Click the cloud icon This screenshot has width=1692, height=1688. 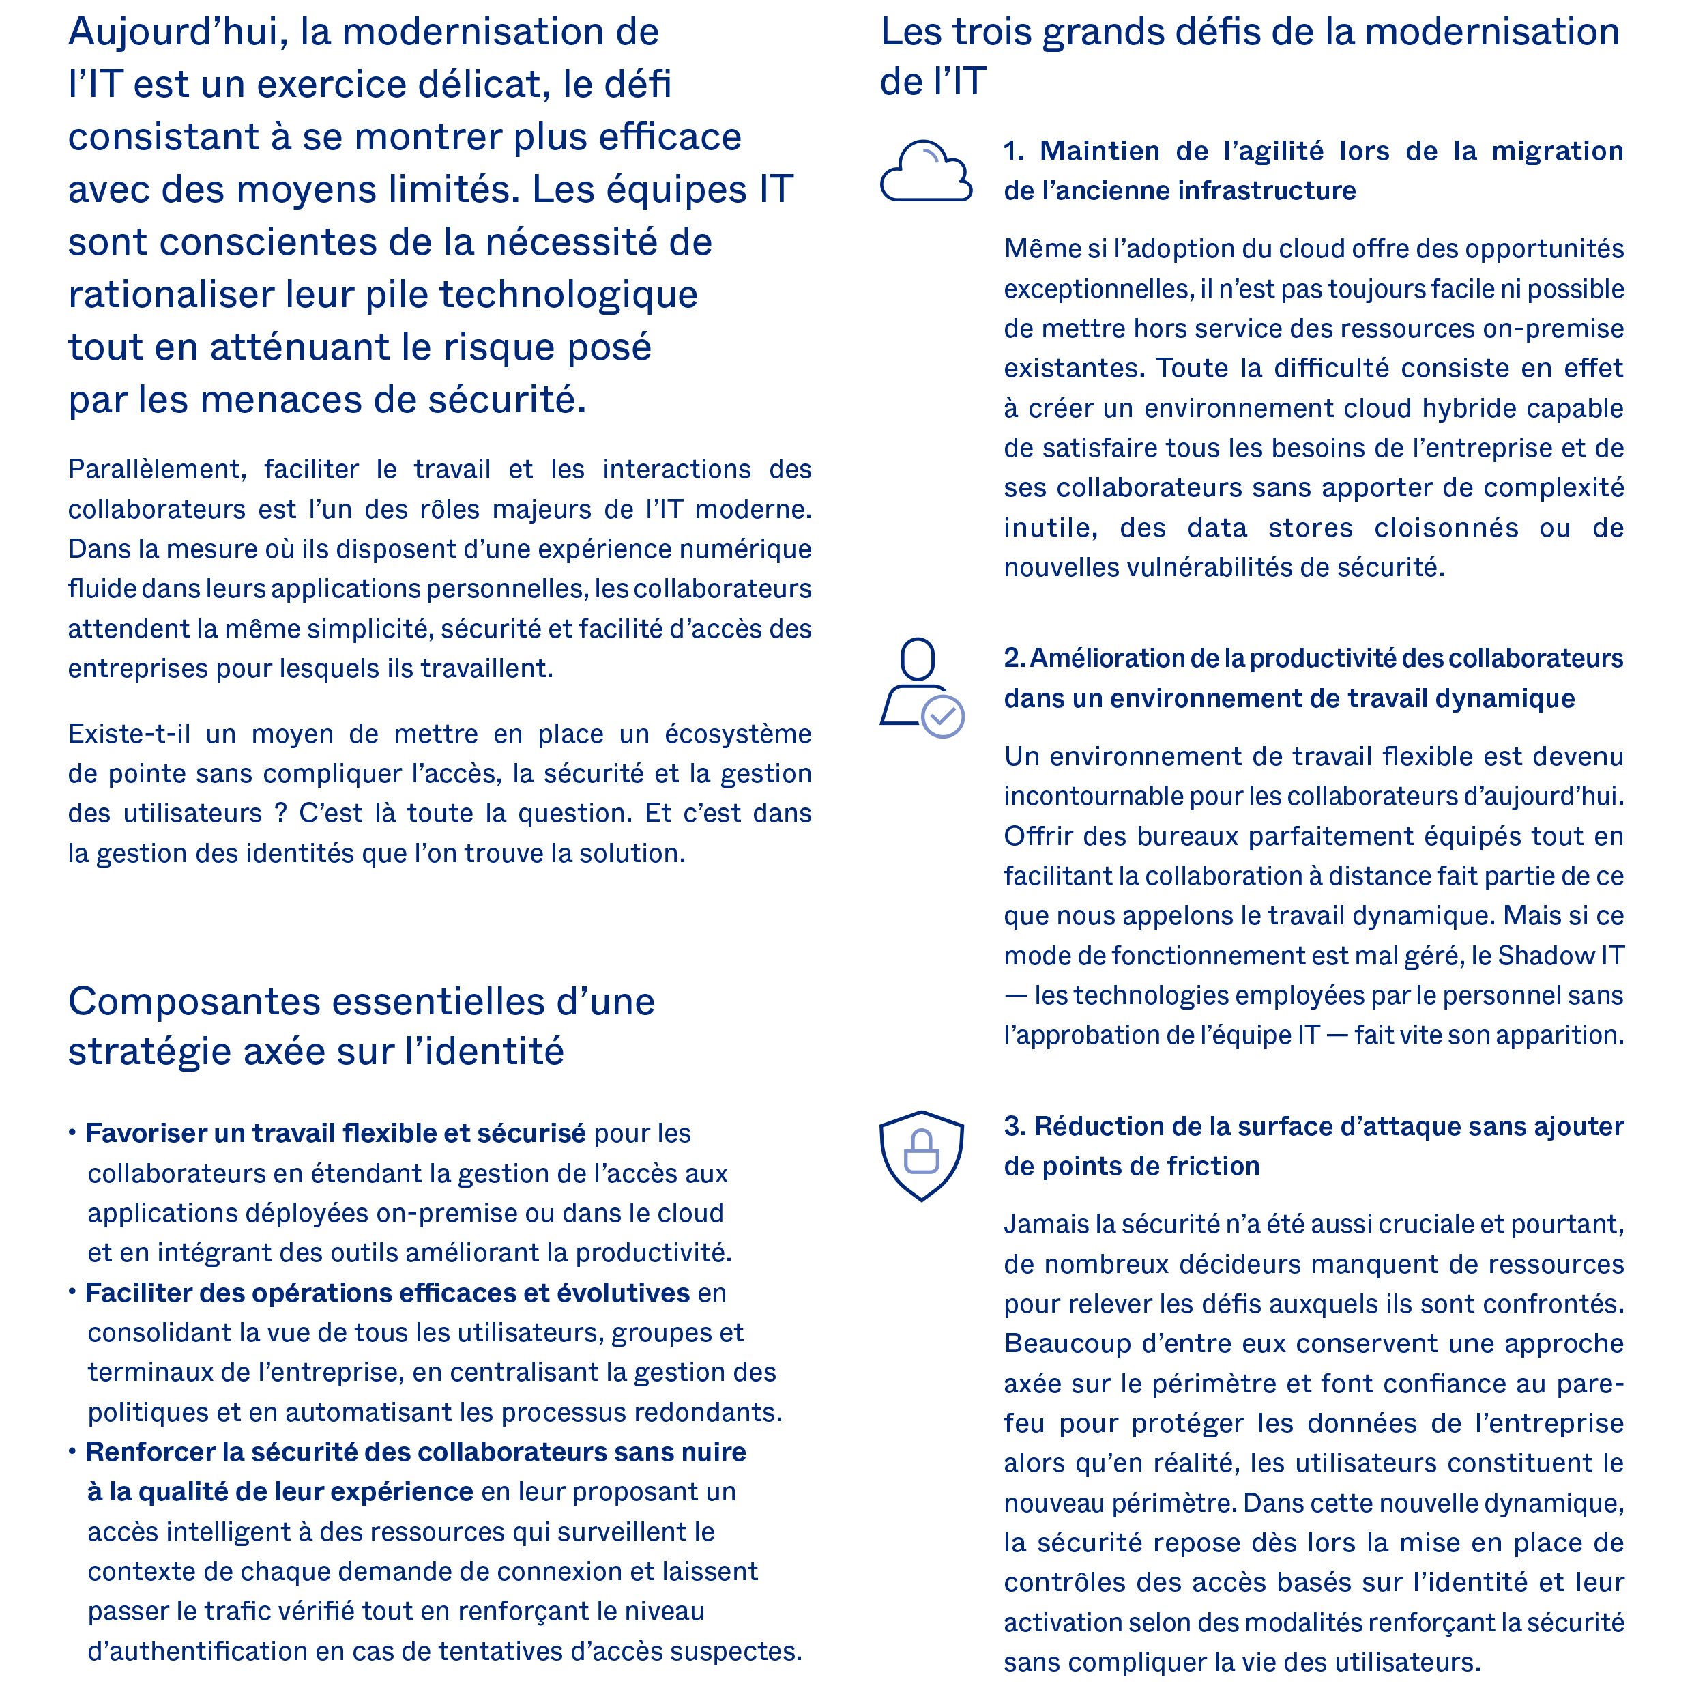[x=925, y=172]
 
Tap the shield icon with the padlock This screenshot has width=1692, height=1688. [x=921, y=1154]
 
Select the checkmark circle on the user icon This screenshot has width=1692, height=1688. [x=942, y=717]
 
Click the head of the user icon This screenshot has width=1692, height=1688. [x=917, y=659]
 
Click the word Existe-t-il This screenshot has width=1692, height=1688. [x=129, y=734]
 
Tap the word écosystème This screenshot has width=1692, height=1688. [x=738, y=734]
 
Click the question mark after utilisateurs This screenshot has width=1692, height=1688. [x=280, y=814]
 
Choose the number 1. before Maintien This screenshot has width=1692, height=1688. [x=1013, y=152]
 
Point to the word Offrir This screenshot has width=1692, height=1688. [x=1034, y=837]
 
